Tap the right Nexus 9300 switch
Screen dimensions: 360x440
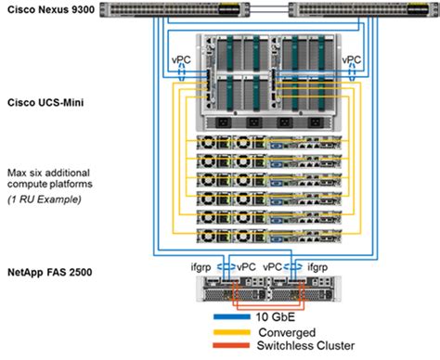pos(362,11)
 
